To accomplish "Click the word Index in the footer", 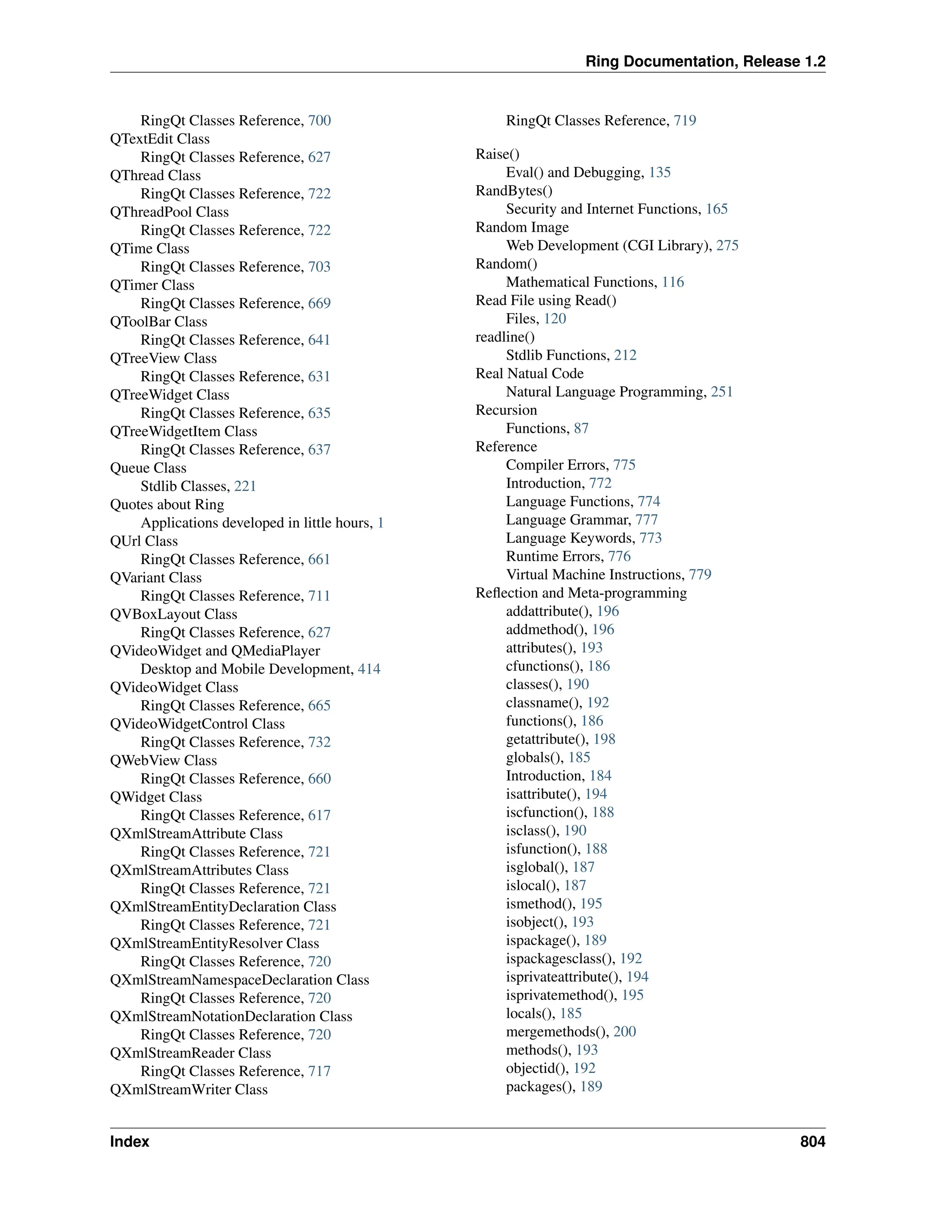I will tap(129, 1142).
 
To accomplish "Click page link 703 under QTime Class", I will tap(319, 267).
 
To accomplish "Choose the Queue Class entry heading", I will tap(148, 468).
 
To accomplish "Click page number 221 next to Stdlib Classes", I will tap(245, 486).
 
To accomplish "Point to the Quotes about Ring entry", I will tap(167, 505).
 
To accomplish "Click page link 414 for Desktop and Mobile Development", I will tap(369, 669).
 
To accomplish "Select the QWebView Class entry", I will tap(163, 761).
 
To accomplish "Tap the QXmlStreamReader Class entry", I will tap(190, 1053).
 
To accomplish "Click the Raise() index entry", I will tap(497, 154).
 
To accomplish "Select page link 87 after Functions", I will tap(581, 429).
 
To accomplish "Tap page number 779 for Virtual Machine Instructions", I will tap(700, 575).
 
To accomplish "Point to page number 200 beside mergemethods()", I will tap(624, 1032).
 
